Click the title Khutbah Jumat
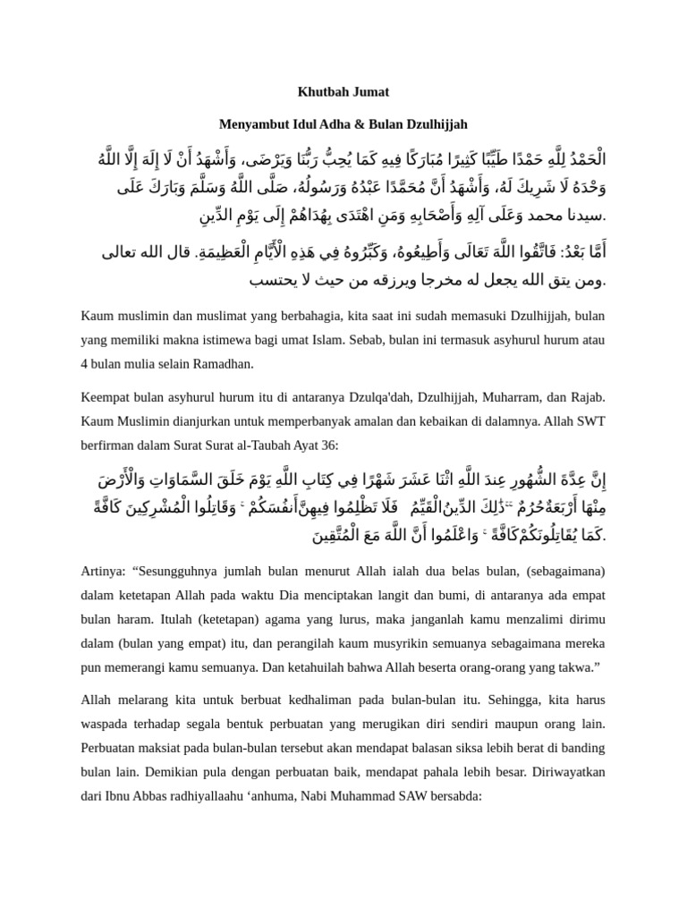tap(343, 91)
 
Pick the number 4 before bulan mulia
tap(85, 363)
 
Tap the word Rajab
tap(587, 397)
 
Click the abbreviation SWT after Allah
tap(590, 420)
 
